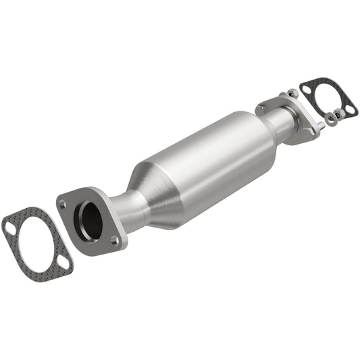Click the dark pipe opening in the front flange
click(x=90, y=220)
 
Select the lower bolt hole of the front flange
click(x=115, y=239)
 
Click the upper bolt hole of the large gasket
click(x=10, y=228)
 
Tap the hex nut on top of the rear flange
click(x=292, y=93)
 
